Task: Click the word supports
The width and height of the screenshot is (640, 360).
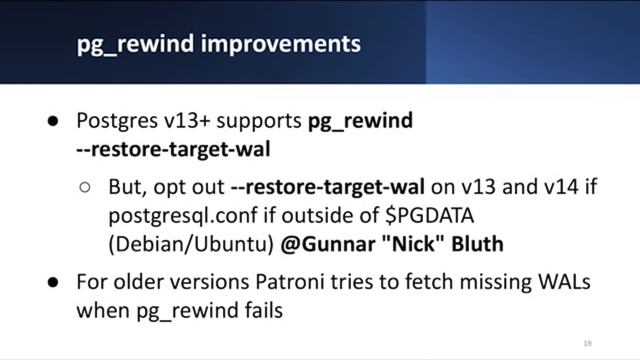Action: [253, 121]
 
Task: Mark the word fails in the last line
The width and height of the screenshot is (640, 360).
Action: [261, 310]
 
